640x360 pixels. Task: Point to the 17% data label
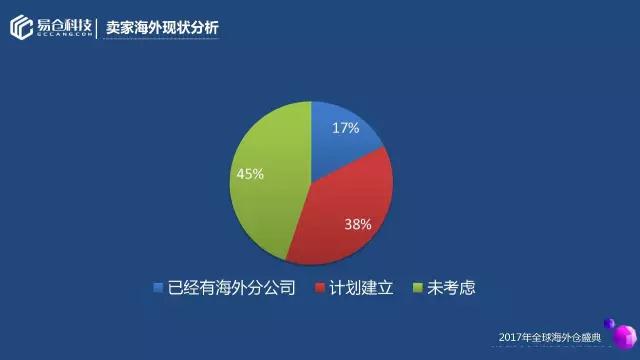click(346, 128)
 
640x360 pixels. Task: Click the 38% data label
click(358, 224)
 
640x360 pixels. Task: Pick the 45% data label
click(250, 174)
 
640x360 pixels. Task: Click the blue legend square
click(158, 287)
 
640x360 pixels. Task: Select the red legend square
click(320, 287)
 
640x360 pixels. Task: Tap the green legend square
click(418, 287)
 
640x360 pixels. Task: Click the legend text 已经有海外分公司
click(231, 288)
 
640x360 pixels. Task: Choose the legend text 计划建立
click(361, 288)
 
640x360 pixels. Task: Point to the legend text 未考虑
click(451, 288)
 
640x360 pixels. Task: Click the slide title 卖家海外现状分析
click(162, 28)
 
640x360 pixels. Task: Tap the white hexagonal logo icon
click(21, 27)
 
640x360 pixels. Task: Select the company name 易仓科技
click(64, 26)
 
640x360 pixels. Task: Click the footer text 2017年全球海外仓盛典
click(550, 338)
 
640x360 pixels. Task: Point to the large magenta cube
click(625, 337)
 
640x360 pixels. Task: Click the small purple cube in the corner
click(609, 324)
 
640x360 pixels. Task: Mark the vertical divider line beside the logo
click(97, 29)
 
